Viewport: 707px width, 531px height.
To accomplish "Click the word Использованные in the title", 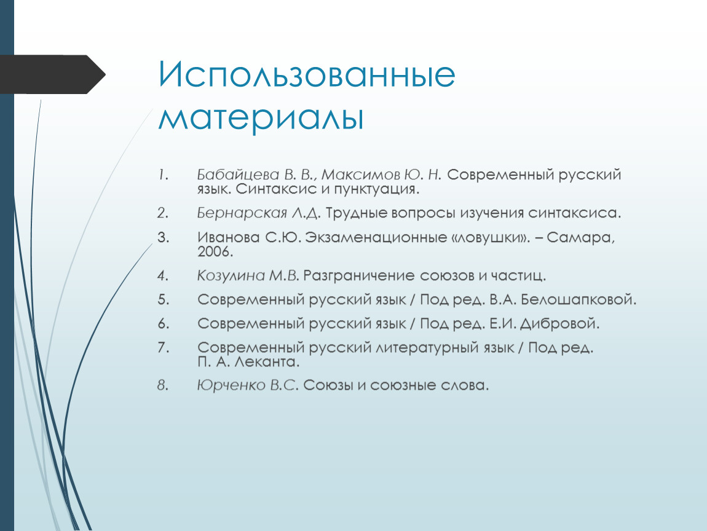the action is tap(307, 74).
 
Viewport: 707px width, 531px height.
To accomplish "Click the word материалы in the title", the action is tap(261, 118).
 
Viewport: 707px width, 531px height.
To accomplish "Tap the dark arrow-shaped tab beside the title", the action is tap(53, 74).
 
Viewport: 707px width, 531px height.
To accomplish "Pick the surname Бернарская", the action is tap(242, 213).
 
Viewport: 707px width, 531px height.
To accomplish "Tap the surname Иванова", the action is tap(228, 237).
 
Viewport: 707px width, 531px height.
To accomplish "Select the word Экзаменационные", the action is tap(376, 237).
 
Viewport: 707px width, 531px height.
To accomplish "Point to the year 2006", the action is tap(215, 251).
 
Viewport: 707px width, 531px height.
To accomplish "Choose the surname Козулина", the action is tap(231, 275).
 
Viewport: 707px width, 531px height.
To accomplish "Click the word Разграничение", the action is tap(358, 275).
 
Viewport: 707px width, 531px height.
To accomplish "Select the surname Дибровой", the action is tap(559, 324).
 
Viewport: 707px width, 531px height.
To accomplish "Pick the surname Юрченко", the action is tap(231, 385).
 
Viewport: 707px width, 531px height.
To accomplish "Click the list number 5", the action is tap(163, 300).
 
